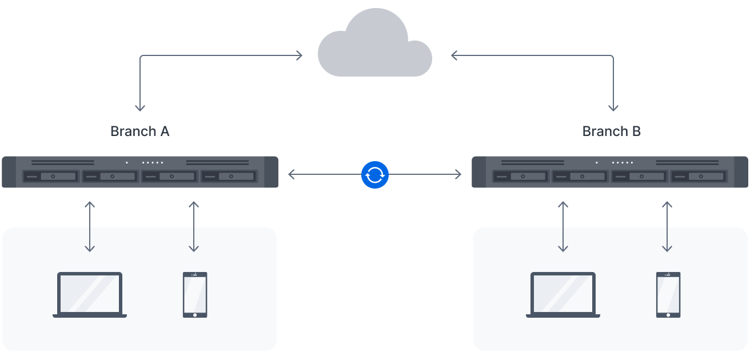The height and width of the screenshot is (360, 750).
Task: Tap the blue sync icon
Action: [x=374, y=175]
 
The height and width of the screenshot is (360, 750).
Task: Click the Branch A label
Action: [x=140, y=131]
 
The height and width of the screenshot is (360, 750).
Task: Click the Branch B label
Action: [x=612, y=131]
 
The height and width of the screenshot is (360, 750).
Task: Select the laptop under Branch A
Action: [x=90, y=294]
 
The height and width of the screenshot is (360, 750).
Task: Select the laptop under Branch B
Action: [x=563, y=294]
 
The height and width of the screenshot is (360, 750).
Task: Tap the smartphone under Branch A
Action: [x=195, y=294]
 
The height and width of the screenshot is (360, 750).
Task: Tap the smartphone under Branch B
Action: [x=668, y=294]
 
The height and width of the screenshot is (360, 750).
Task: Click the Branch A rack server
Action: [x=140, y=172]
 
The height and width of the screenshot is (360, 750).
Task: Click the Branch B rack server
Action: [x=610, y=172]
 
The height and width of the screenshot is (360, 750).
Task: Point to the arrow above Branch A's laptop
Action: [x=90, y=226]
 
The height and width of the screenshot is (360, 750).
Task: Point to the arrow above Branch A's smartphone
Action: [x=194, y=226]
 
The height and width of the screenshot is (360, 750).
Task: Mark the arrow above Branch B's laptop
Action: [x=563, y=226]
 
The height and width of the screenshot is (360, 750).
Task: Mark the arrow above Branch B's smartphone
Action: [x=667, y=226]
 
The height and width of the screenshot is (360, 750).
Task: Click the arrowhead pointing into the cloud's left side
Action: [x=300, y=55]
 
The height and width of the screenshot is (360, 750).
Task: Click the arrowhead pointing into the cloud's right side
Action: [x=454, y=55]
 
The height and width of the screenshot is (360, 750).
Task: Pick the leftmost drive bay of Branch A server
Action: [x=51, y=177]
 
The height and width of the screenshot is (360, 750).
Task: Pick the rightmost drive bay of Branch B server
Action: [x=699, y=177]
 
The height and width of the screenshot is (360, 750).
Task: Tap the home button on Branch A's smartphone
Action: [x=195, y=315]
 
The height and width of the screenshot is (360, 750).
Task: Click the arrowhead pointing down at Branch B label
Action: [x=613, y=108]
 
